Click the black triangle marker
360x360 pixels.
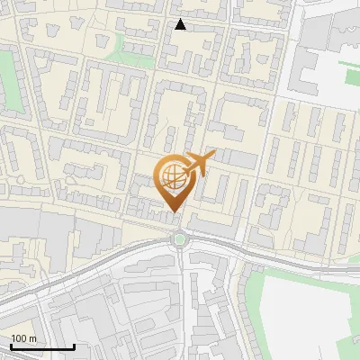click(181, 25)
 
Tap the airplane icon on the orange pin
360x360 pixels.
click(197, 165)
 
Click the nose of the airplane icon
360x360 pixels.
click(213, 156)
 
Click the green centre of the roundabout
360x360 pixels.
click(180, 238)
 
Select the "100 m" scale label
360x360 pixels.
click(24, 337)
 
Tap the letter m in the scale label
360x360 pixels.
click(33, 337)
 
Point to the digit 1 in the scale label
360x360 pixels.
click(13, 337)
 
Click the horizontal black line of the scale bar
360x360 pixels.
click(41, 346)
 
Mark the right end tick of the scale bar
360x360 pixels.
click(74, 345)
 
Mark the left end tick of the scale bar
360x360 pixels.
click(10, 345)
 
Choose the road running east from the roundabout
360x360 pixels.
click(261, 253)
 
